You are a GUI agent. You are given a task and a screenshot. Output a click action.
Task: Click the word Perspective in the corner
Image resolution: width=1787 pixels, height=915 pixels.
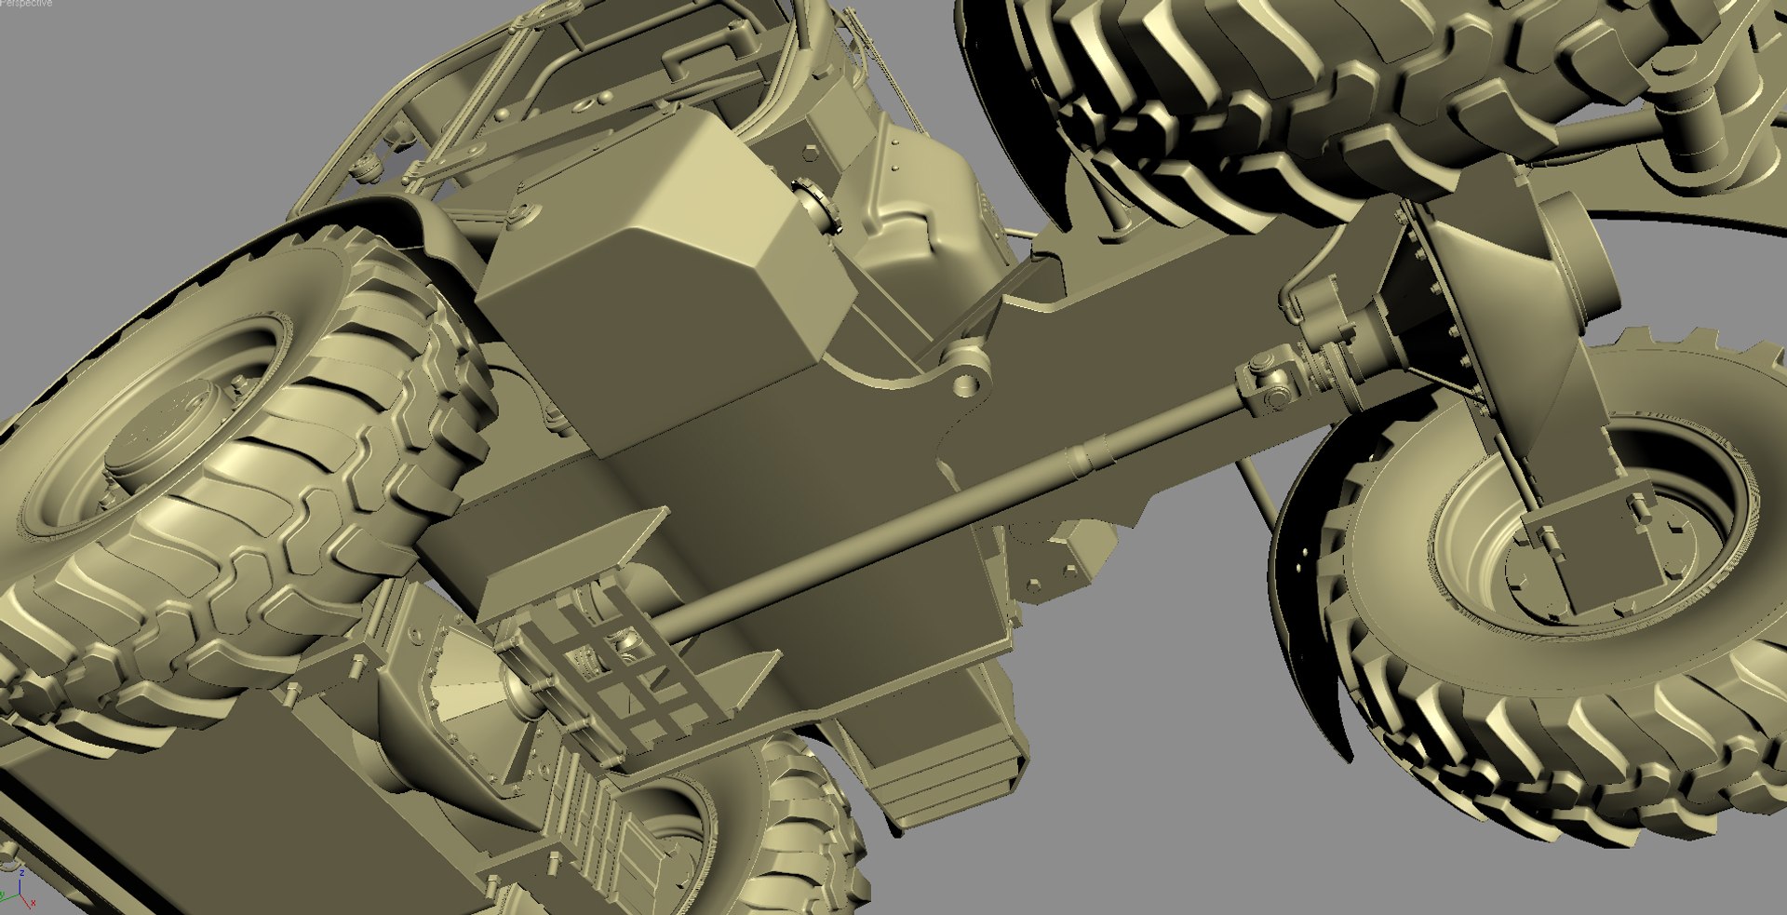click(26, 4)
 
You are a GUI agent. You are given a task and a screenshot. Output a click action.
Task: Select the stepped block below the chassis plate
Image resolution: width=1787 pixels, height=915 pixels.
click(940, 773)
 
